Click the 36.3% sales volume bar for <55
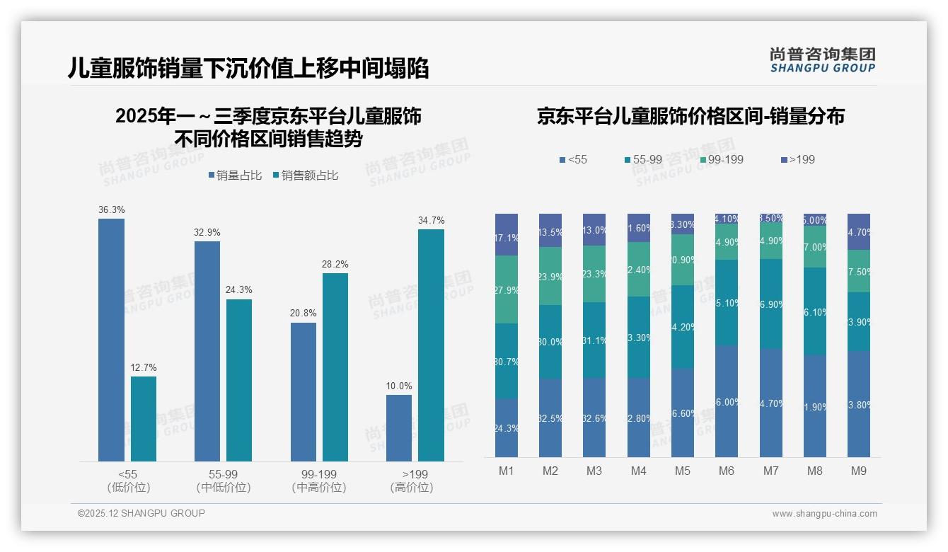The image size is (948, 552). pyautogui.click(x=111, y=340)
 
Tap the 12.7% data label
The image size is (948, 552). pyautogui.click(x=144, y=368)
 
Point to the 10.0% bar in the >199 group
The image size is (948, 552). pyautogui.click(x=399, y=428)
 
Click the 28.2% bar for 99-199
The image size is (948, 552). pyautogui.click(x=335, y=367)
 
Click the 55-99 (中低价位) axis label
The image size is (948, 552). pyautogui.click(x=223, y=481)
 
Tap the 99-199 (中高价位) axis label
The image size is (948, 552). pyautogui.click(x=319, y=481)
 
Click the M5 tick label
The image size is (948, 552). pyautogui.click(x=683, y=471)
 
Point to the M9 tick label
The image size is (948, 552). pyautogui.click(x=859, y=471)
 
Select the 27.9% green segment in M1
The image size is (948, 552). pyautogui.click(x=507, y=289)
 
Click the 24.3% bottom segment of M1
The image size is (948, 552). pyautogui.click(x=507, y=427)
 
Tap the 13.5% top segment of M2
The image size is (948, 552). pyautogui.click(x=550, y=231)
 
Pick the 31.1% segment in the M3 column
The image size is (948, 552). pyautogui.click(x=594, y=340)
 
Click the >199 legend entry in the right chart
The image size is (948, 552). pyautogui.click(x=797, y=159)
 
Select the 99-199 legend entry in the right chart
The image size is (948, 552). pyautogui.click(x=721, y=159)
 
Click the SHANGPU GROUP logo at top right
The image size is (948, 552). pyautogui.click(x=822, y=59)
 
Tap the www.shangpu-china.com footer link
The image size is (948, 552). pyautogui.click(x=824, y=514)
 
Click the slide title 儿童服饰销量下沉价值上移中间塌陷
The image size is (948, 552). pyautogui.click(x=248, y=68)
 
